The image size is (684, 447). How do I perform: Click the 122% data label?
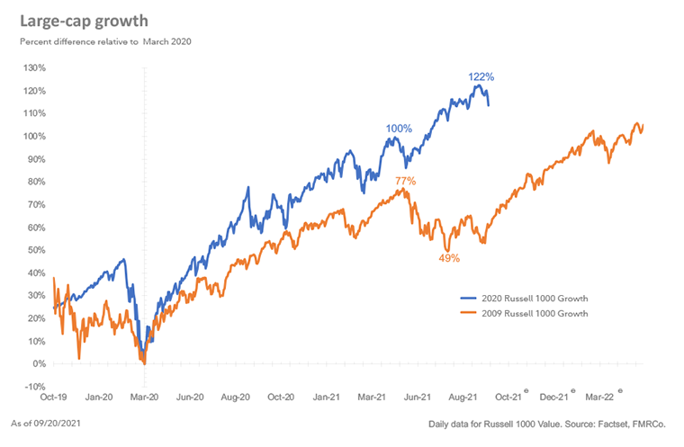tap(481, 77)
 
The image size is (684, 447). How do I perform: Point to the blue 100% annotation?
tap(399, 129)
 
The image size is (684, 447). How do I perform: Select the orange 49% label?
tap(449, 258)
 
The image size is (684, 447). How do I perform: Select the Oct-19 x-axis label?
tap(53, 396)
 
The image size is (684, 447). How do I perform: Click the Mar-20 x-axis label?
tap(145, 396)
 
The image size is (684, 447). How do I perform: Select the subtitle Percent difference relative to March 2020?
tap(105, 41)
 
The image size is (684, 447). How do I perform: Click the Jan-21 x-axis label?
tap(328, 396)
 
